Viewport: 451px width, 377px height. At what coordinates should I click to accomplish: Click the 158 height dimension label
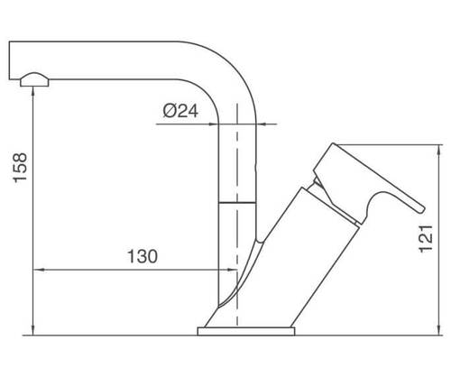[20, 168]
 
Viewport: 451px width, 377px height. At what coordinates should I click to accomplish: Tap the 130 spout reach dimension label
[143, 256]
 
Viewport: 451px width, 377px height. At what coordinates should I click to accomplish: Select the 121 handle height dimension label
[426, 239]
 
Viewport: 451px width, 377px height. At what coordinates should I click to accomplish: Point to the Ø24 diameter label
[180, 111]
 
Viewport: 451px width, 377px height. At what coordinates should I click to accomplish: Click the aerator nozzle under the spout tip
[34, 79]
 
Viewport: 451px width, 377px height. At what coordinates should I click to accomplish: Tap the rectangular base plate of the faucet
[246, 331]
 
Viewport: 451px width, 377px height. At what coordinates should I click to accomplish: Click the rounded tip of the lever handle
[421, 209]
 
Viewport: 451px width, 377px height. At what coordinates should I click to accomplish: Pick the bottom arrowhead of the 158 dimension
[33, 331]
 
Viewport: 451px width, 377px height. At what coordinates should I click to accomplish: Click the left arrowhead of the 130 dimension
[37, 270]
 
